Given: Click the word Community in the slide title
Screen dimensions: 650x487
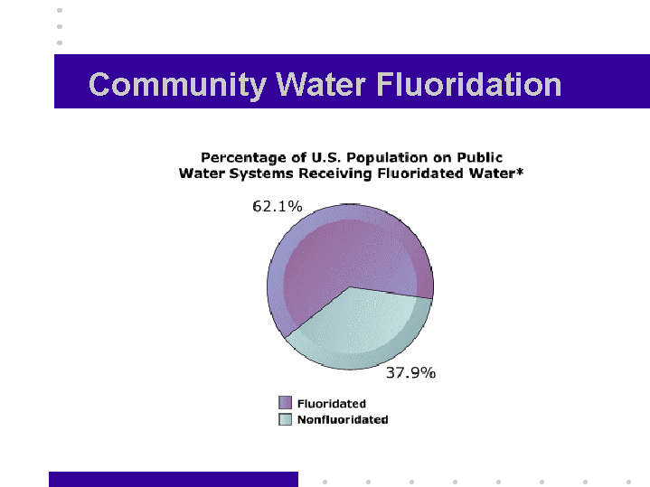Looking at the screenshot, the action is click(x=177, y=85).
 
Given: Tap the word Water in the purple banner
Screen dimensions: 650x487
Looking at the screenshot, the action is click(x=321, y=84).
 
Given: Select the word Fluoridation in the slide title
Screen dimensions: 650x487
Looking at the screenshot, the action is click(x=469, y=84).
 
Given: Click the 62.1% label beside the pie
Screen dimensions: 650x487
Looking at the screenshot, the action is click(x=278, y=206).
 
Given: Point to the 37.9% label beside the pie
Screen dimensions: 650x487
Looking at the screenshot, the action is click(x=410, y=372).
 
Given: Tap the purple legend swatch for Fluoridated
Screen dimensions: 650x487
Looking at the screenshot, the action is click(x=285, y=402).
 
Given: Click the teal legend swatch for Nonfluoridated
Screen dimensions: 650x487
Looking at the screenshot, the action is click(x=285, y=419).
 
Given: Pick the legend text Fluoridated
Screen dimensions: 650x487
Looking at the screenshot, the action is click(x=332, y=403).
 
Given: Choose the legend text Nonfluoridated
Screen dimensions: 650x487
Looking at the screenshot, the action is click(x=343, y=419).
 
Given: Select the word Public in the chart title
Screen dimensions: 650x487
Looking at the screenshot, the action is click(x=480, y=157).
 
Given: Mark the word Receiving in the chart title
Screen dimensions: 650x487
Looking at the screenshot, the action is click(x=335, y=173).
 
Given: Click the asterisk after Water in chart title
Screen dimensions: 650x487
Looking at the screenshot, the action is click(x=520, y=171).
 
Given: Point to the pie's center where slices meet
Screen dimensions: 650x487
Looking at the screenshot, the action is click(x=350, y=286).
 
